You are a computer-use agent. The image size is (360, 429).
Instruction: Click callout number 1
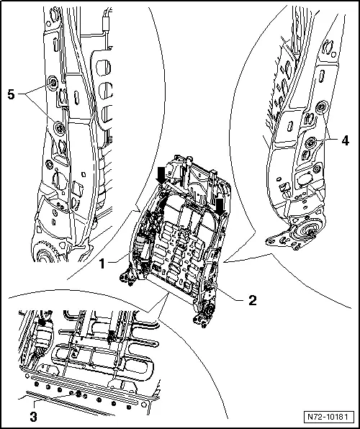[102, 263]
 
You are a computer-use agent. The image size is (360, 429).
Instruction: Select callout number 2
[253, 300]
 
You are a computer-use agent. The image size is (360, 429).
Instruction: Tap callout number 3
[33, 417]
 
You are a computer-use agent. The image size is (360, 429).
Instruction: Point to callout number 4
[345, 140]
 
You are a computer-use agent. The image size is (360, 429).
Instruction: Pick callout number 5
[12, 95]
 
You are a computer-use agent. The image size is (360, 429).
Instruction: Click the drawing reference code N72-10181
[328, 417]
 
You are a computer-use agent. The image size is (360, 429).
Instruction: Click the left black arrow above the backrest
[161, 176]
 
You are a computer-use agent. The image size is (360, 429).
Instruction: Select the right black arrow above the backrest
[220, 207]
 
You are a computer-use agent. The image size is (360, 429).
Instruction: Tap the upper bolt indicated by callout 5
[52, 82]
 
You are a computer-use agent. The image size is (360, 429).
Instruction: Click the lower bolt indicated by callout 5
[59, 127]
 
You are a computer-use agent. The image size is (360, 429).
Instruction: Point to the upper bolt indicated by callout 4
[321, 107]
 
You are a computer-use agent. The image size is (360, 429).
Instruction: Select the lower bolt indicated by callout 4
[310, 143]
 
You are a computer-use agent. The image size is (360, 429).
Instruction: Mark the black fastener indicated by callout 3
[78, 394]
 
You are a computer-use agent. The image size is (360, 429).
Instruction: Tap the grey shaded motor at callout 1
[140, 243]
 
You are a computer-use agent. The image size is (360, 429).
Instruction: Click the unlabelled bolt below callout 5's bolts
[50, 165]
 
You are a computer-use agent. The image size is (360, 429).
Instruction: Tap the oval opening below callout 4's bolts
[303, 180]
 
